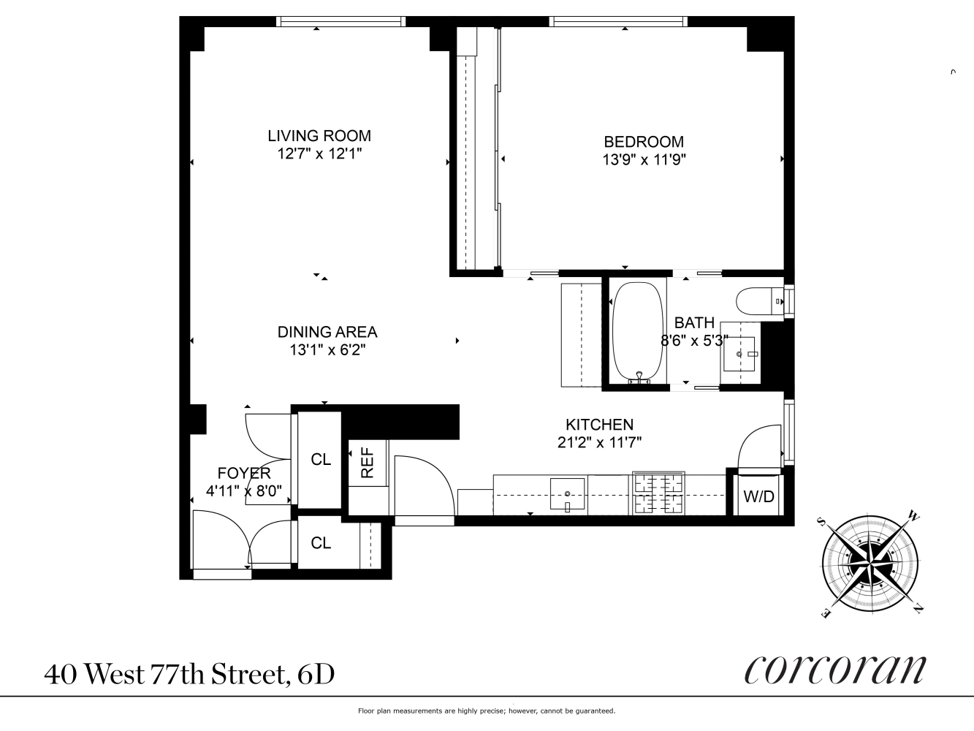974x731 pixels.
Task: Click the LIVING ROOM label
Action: point(319,135)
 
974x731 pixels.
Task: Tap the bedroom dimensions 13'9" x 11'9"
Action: point(644,159)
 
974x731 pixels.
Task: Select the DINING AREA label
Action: point(327,332)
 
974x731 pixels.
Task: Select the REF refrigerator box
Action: point(368,462)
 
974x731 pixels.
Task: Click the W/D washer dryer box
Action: point(758,497)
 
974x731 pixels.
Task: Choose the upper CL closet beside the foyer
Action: point(321,459)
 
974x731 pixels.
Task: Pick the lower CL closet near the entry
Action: point(321,543)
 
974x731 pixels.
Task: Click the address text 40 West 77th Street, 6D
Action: point(189,674)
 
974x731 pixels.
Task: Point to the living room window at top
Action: point(340,22)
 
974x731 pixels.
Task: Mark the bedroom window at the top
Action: point(618,22)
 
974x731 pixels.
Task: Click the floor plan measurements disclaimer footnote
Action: point(486,711)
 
